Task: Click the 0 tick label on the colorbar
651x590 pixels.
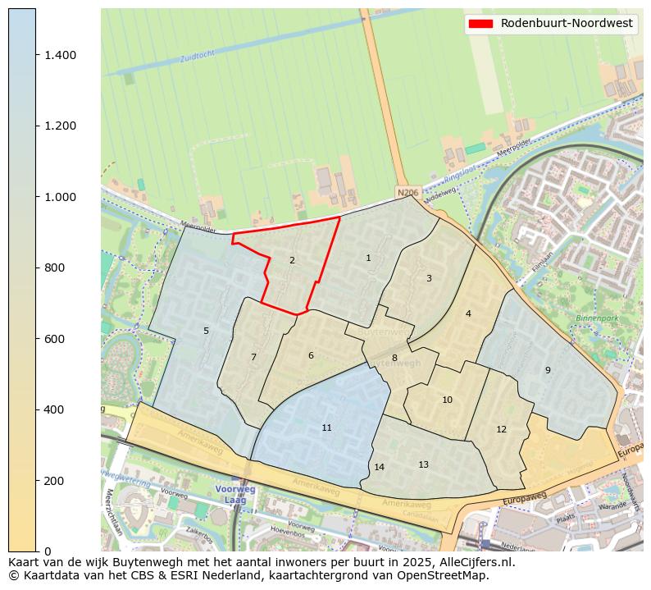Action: [x=48, y=551]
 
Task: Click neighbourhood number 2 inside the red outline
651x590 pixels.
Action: [x=292, y=260]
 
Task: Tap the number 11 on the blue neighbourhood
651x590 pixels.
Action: [x=326, y=428]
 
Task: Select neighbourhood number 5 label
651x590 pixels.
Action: [x=206, y=331]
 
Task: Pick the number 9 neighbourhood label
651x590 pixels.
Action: [x=548, y=370]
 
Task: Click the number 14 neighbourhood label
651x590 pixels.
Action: [x=379, y=467]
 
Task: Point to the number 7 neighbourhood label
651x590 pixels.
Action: [x=253, y=357]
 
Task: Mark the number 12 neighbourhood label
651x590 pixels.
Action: [x=501, y=429]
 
